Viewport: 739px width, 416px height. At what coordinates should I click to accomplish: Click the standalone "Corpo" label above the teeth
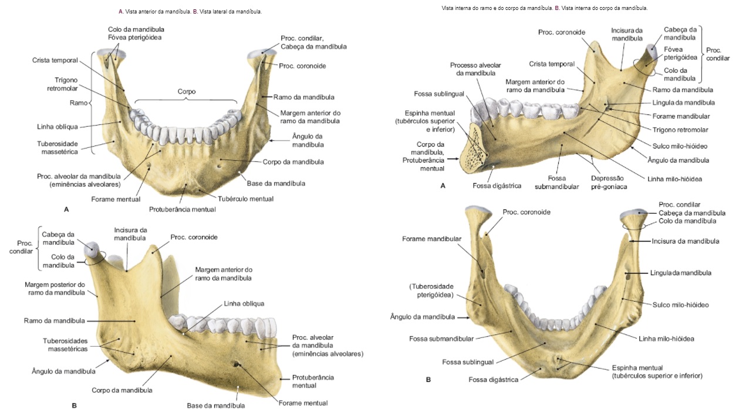pyautogui.click(x=187, y=92)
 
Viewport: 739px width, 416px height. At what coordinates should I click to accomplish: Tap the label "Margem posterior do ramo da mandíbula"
pyautogui.click(x=55, y=288)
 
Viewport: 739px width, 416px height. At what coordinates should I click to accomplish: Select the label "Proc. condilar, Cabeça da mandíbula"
pyautogui.click(x=313, y=42)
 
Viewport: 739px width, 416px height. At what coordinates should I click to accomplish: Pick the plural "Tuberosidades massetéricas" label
pyautogui.click(x=65, y=345)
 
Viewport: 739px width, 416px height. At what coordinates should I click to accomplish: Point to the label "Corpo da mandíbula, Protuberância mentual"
pyautogui.click(x=423, y=156)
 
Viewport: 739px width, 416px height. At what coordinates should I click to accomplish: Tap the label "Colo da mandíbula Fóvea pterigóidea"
pyautogui.click(x=135, y=33)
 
